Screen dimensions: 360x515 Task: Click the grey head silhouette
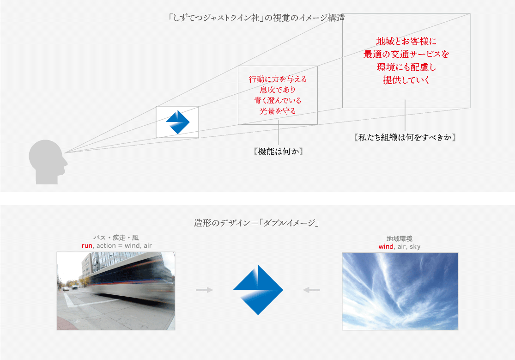click(x=47, y=162)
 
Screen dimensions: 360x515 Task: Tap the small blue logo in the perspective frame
click(x=178, y=122)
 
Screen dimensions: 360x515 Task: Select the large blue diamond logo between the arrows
click(x=258, y=290)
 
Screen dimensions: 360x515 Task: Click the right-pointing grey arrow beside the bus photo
click(x=204, y=290)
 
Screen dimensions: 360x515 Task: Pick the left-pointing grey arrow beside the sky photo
click(x=311, y=290)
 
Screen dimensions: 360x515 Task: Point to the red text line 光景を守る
click(x=278, y=111)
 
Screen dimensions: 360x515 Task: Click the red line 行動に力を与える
click(x=278, y=79)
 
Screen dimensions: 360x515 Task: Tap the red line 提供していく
click(x=406, y=80)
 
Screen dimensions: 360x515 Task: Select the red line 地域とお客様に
click(x=406, y=41)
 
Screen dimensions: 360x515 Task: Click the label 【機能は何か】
click(x=278, y=151)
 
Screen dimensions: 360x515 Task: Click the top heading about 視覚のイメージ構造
click(x=257, y=19)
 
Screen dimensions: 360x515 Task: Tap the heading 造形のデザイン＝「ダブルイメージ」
click(x=257, y=223)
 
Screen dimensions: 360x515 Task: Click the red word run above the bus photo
click(x=87, y=246)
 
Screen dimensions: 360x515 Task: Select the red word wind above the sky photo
click(x=386, y=246)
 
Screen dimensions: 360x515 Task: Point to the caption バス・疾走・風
click(x=116, y=238)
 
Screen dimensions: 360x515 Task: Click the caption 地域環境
click(x=400, y=238)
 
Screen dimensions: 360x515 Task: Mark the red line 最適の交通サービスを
click(x=406, y=54)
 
